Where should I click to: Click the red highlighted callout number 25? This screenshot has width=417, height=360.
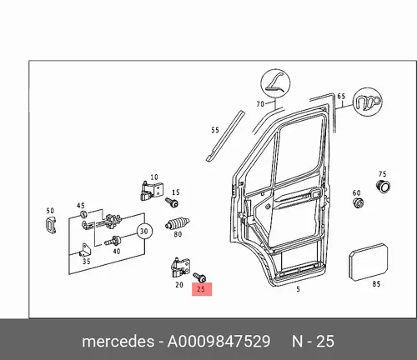tap(202, 289)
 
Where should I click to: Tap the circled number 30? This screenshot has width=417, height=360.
tap(144, 232)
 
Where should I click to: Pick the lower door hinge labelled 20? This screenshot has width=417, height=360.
tap(180, 267)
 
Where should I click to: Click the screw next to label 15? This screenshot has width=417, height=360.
tap(172, 202)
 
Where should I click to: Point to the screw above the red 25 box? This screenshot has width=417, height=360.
tap(200, 277)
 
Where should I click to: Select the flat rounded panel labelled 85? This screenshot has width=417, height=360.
tap(369, 262)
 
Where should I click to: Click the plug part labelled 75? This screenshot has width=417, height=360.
tap(383, 186)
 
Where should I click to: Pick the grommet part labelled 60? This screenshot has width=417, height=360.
tap(359, 203)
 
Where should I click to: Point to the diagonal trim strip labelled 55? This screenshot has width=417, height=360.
tap(225, 136)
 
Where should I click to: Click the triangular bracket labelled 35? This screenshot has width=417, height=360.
tap(84, 249)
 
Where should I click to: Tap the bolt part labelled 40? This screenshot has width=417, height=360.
tap(113, 241)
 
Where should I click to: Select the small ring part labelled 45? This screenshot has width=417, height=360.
tap(83, 214)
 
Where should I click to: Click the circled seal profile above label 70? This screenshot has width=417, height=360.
tap(275, 83)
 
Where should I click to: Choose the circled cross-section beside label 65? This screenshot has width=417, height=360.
tap(367, 102)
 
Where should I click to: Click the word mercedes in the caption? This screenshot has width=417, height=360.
tap(118, 341)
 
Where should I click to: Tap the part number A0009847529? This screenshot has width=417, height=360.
tap(219, 342)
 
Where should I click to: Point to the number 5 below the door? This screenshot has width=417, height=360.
tap(298, 289)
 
